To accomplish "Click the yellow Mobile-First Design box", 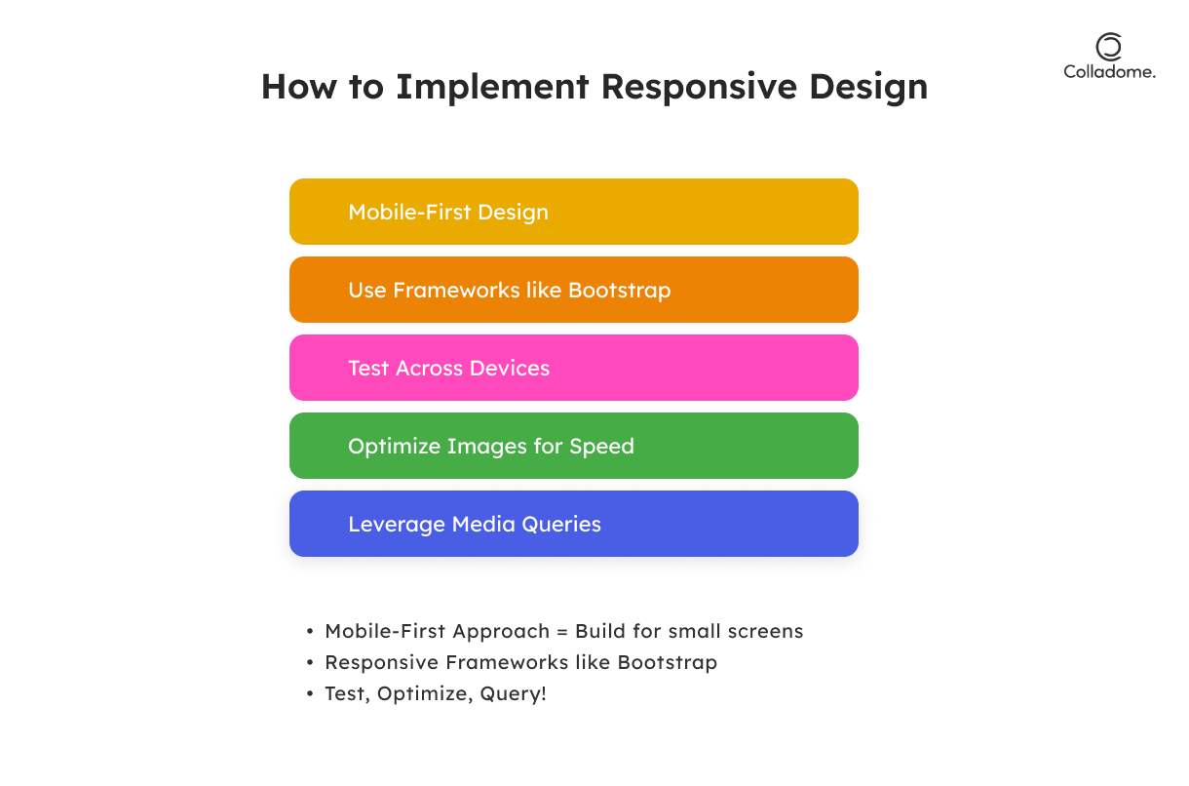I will tap(573, 212).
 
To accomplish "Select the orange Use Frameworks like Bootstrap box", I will tap(573, 290).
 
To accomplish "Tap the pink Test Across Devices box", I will tap(573, 368).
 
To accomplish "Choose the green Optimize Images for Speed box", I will tap(573, 446).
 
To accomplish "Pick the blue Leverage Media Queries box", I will tap(573, 524).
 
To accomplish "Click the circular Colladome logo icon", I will tap(1108, 46).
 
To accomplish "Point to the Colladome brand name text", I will tap(1109, 72).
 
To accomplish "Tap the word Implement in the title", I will tap(492, 87).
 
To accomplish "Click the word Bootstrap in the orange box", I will tap(620, 290).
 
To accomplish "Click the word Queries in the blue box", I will tap(561, 524).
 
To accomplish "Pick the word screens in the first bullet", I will tap(767, 631).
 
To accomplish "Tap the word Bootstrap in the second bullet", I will tap(667, 662).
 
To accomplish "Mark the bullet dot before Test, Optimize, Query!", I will tap(310, 694).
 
